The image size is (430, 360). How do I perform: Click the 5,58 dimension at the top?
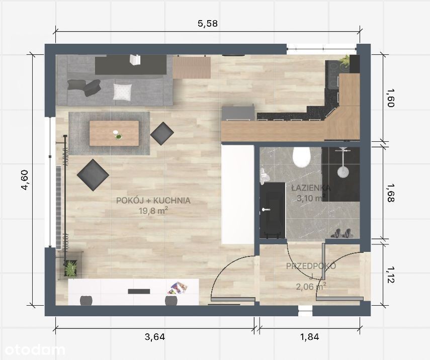208,23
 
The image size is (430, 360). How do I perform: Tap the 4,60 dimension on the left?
24,180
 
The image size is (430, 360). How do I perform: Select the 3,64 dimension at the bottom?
155,337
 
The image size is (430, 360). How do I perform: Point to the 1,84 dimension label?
310,337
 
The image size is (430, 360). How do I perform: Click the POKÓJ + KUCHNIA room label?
153,201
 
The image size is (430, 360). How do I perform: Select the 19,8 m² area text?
153,211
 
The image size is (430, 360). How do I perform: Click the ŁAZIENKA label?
311,188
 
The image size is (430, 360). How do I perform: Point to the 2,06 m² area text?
311,287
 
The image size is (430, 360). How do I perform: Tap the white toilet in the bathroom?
301,157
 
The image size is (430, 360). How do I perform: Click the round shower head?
343,171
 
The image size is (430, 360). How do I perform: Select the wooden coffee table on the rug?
114,133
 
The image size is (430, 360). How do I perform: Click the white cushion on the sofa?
122,92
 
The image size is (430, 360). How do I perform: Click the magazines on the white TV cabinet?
178,289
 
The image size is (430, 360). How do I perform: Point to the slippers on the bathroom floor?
341,233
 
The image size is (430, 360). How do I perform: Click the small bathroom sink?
265,175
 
